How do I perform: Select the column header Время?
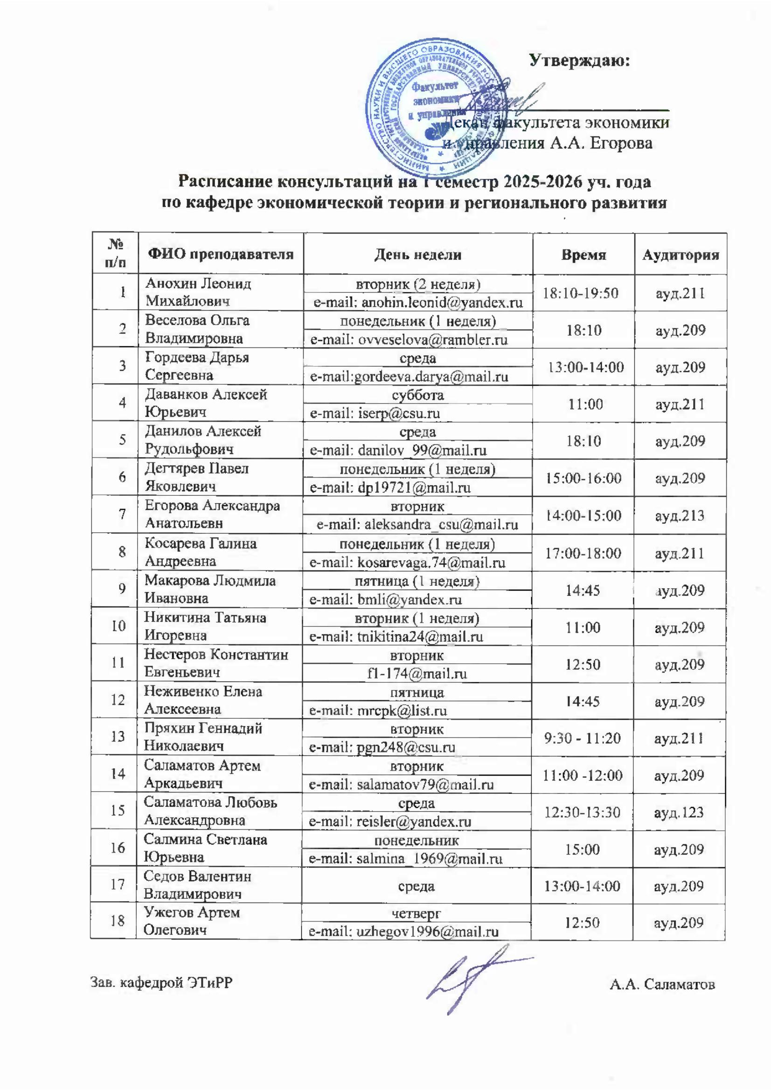[x=583, y=255]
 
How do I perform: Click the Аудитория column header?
[x=680, y=255]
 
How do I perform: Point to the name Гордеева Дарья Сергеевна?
[x=197, y=366]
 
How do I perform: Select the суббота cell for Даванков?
[x=417, y=395]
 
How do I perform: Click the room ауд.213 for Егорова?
[x=679, y=515]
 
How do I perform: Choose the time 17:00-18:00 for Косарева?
[x=583, y=553]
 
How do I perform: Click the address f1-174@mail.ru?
[x=417, y=674]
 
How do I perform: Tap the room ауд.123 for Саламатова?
[x=678, y=812]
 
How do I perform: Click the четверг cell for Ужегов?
[x=416, y=913]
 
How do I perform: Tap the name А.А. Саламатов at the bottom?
[x=662, y=984]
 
